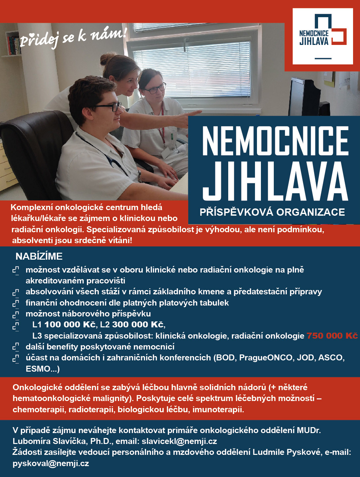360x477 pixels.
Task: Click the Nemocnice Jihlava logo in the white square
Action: tap(323, 36)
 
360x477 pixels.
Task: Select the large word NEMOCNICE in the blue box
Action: tap(275, 141)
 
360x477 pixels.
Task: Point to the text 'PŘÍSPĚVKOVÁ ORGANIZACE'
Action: tap(272, 212)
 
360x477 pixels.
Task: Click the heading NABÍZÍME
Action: tap(39, 256)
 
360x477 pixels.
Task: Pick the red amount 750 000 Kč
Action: tap(332, 336)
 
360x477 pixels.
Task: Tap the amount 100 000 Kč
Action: tap(70, 325)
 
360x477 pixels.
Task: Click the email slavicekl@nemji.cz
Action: tap(179, 441)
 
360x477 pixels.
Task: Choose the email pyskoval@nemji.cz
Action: tap(51, 463)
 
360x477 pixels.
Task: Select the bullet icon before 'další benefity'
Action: tap(16, 347)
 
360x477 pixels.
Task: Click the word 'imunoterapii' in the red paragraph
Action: tap(218, 410)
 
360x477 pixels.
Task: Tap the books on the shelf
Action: tap(14, 45)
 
